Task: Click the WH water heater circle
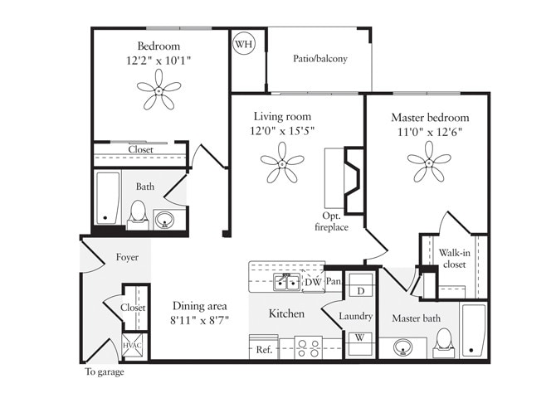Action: [x=243, y=44]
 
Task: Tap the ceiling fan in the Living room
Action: [x=282, y=163]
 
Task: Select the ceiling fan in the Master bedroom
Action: [x=429, y=161]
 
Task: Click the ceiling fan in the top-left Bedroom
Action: [x=159, y=90]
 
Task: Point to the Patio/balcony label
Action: [x=320, y=59]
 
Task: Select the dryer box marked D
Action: [x=361, y=291]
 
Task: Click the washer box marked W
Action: [x=361, y=338]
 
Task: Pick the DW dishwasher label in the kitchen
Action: [x=313, y=283]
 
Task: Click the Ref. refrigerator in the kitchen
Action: [x=264, y=349]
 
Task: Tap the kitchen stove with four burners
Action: [x=309, y=348]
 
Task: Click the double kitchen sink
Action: [x=287, y=283]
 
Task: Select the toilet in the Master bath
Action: [x=445, y=342]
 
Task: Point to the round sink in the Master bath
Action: [x=404, y=347]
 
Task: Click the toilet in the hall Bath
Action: [x=139, y=213]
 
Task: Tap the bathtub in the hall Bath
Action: [x=106, y=197]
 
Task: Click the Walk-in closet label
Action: [x=453, y=259]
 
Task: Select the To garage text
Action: [x=105, y=372]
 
